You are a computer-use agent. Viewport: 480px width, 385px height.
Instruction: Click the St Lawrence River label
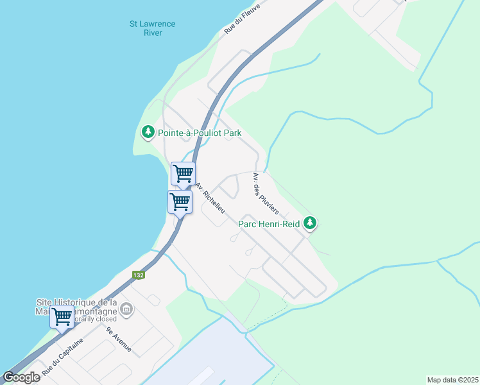click(x=152, y=28)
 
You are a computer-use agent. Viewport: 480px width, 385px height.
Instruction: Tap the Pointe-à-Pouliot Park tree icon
click(x=148, y=133)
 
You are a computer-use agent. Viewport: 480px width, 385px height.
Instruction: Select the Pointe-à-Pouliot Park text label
click(x=200, y=133)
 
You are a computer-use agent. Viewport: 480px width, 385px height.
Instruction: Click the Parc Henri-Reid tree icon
click(x=311, y=223)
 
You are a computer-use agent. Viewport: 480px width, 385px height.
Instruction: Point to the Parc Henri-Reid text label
click(x=270, y=225)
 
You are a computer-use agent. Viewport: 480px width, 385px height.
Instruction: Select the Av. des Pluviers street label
click(x=265, y=193)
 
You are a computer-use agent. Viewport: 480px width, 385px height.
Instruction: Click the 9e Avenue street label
click(x=119, y=339)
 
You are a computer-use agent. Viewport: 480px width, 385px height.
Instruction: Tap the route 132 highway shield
click(x=138, y=275)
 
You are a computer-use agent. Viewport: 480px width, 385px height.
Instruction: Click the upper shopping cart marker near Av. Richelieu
click(x=183, y=173)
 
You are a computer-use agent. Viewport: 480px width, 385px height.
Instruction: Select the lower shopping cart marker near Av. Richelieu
click(x=180, y=202)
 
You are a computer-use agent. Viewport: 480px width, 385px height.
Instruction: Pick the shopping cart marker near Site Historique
click(x=62, y=316)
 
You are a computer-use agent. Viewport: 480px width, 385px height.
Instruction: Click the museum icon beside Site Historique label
click(x=126, y=311)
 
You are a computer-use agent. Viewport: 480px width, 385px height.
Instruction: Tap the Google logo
click(x=21, y=377)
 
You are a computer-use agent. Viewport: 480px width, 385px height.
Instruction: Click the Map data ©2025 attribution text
click(x=452, y=380)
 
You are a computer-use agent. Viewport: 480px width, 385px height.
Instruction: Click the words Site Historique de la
click(x=76, y=302)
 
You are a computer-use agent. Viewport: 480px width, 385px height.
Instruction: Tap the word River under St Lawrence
click(x=152, y=33)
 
